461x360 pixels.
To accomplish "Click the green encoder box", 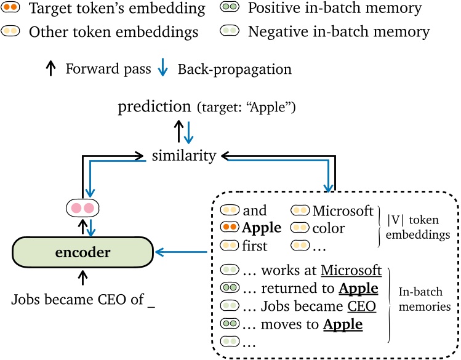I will (82, 252).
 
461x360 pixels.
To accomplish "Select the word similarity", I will (184, 156).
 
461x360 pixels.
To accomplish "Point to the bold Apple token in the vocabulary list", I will (262, 228).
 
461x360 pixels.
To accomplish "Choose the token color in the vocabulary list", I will (329, 228).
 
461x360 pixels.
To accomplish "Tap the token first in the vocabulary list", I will (255, 246).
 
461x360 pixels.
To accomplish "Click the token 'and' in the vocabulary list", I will (254, 211).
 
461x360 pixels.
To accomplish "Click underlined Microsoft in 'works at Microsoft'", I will (351, 271).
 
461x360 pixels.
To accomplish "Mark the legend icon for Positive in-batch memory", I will (230, 9).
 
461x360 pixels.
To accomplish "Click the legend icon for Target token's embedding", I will (10, 9).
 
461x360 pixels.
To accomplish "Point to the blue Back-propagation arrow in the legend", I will (161, 69).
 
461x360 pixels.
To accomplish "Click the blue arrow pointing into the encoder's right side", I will (182, 252).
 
